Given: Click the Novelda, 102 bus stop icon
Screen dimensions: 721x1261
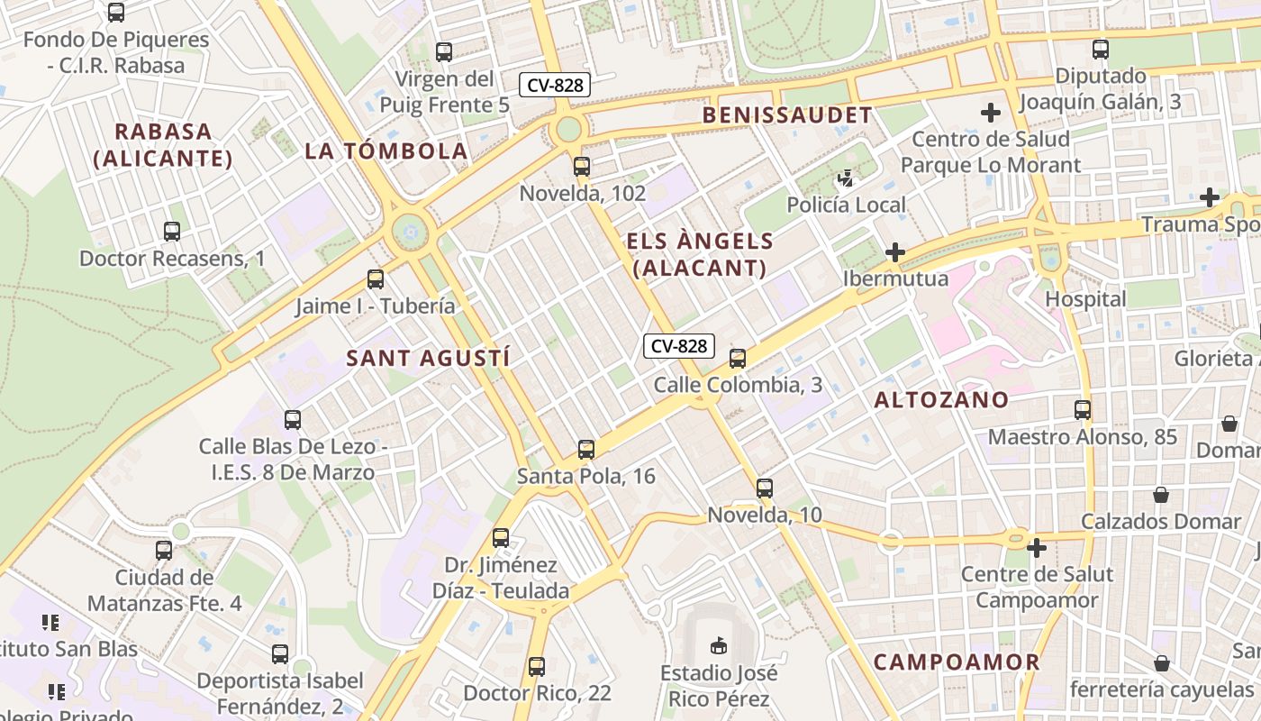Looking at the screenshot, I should coord(582,167).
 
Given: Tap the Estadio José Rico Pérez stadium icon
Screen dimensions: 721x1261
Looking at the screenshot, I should coord(719,645).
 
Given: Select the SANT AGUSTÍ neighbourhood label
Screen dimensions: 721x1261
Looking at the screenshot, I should coord(429,358).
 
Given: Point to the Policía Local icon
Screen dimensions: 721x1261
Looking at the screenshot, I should coord(845,178).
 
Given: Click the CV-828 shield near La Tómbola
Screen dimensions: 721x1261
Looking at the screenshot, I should coord(556,86).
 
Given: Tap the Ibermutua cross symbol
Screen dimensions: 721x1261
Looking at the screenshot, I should coord(894,252).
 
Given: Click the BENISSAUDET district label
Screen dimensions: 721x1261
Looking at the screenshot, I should coord(787,115).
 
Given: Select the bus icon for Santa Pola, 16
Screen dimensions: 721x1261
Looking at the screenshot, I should coord(586,449).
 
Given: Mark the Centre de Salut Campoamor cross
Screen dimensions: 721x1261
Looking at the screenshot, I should coord(1036,547).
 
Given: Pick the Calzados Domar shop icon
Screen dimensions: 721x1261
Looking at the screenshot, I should coord(1161,495).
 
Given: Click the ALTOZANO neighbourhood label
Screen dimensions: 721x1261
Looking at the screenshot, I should coord(941,400).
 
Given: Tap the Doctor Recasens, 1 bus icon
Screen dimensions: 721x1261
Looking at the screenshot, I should coord(172,232).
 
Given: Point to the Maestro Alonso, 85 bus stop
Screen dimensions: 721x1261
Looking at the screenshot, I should coord(1083,410).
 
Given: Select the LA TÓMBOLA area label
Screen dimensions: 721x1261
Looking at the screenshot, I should coord(386,151).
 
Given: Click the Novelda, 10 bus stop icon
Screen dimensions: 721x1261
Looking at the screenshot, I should coord(765,488).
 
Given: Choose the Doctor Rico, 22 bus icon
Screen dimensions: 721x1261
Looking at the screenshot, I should coord(537,667).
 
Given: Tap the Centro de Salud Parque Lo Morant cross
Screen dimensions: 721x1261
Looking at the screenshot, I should coord(991,113).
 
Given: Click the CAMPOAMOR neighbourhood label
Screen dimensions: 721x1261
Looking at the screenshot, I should coord(957,662).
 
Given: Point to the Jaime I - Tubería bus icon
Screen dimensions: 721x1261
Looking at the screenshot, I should coord(376,279).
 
